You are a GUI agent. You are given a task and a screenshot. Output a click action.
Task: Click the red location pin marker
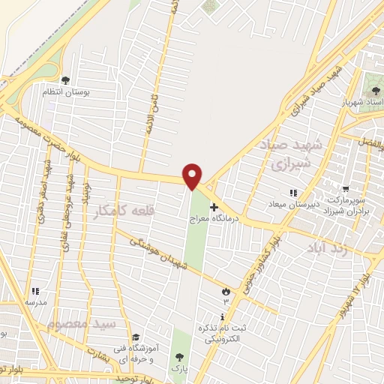pos(193,175)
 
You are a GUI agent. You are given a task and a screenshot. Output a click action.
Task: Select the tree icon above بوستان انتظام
pos(65,79)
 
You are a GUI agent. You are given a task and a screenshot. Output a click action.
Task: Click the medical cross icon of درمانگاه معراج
pos(214,207)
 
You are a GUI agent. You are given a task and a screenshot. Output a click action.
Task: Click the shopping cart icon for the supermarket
pos(346,190)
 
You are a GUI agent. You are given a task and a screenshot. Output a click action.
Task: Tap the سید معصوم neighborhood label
pos(82,324)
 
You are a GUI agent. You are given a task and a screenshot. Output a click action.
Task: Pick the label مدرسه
pos(35,302)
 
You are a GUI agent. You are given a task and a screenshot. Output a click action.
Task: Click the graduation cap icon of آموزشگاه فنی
pos(135,337)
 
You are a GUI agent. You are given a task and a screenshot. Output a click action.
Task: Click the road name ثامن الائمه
pos(153,113)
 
